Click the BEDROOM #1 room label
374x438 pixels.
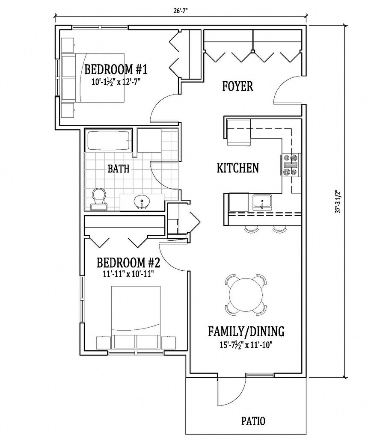pos(116,69)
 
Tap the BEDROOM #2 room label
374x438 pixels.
pos(128,263)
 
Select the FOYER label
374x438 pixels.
pos(237,86)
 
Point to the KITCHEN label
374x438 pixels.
pos(238,168)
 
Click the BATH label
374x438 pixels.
pos(119,169)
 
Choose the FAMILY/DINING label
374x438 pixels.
pos(246,331)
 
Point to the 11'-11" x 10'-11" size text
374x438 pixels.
pos(128,274)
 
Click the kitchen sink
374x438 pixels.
pos(262,202)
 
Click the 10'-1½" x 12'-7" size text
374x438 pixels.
pos(116,82)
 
